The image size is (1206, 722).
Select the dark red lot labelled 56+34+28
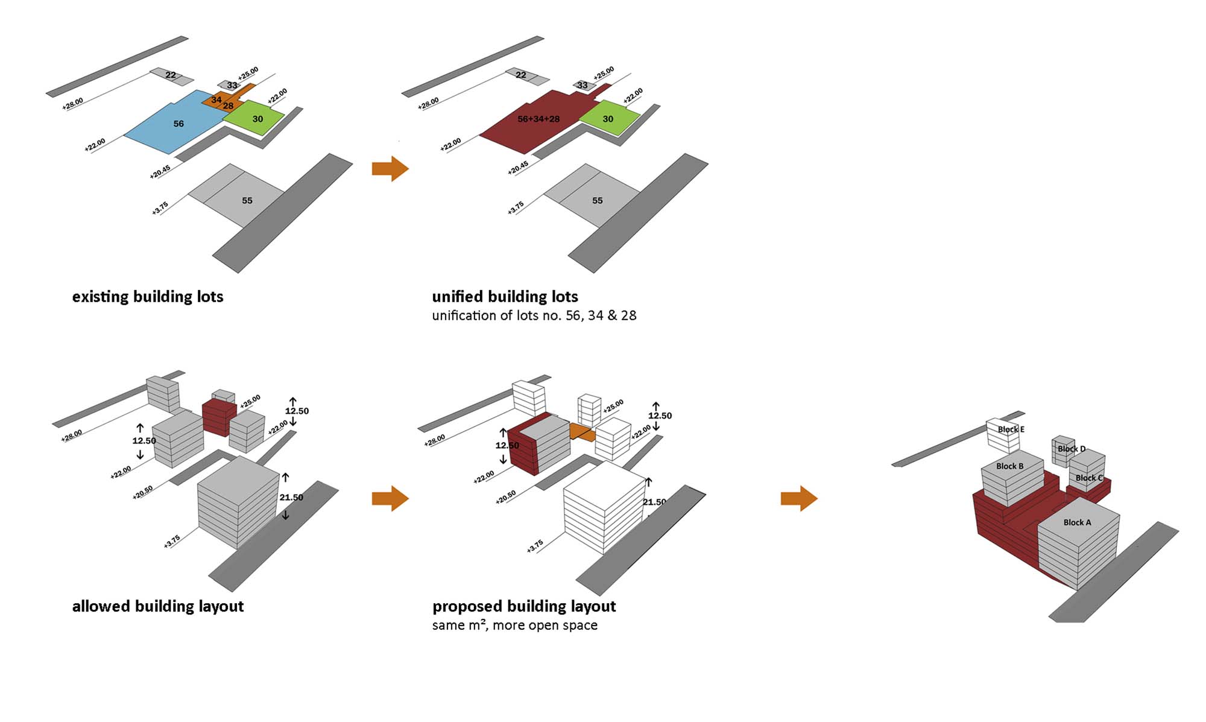[x=531, y=121]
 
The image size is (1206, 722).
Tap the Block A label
[x=1077, y=522]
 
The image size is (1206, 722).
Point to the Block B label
[x=1009, y=466]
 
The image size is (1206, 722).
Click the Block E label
[x=1011, y=429]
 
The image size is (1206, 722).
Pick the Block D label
[x=1071, y=449]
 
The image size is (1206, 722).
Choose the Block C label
[x=1088, y=478]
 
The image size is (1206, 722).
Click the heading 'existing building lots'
[x=148, y=297]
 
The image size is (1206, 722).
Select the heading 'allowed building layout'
[x=158, y=606]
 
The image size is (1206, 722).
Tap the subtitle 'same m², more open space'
[x=514, y=625]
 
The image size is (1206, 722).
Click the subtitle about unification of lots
[x=534, y=315]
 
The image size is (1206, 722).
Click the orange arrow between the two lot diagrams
[x=390, y=168]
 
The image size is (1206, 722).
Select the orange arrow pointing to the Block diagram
[x=799, y=498]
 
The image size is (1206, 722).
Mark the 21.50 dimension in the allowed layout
[x=291, y=498]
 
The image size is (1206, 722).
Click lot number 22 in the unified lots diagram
[x=521, y=75]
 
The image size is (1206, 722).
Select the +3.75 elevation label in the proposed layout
[x=535, y=546]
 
